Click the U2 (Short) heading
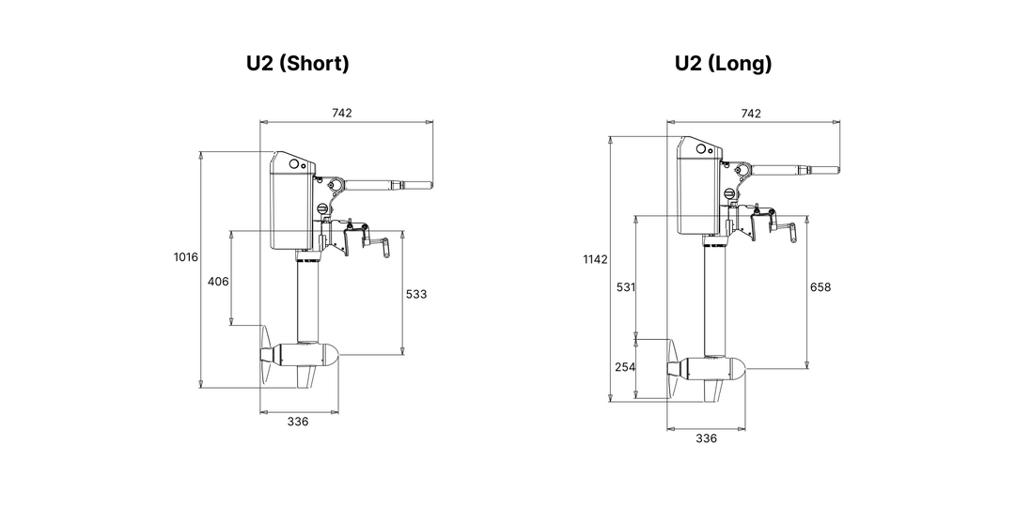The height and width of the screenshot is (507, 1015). coord(297,64)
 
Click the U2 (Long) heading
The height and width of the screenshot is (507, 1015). coord(723,64)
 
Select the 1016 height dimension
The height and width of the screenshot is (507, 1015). coord(186,256)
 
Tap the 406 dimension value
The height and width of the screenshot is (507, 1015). coord(218,282)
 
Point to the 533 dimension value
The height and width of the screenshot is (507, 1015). coord(416,294)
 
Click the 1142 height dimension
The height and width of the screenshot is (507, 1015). coord(596,259)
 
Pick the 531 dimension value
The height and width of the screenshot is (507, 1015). coord(626,286)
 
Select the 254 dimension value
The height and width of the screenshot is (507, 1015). coord(626,367)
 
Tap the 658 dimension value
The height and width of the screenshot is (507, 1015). coord(820,286)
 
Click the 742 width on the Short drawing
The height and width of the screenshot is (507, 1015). coord(342,113)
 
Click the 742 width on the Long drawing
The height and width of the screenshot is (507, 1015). coord(751,114)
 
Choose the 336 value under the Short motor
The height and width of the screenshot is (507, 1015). coord(298,422)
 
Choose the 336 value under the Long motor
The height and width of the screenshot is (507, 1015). coord(706,438)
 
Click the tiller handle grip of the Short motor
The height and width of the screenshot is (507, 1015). coord(417,186)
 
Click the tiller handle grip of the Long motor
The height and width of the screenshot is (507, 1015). coord(824,171)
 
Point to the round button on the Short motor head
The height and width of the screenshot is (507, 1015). coord(294,164)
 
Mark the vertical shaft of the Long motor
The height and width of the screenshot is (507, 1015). coord(714,301)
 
